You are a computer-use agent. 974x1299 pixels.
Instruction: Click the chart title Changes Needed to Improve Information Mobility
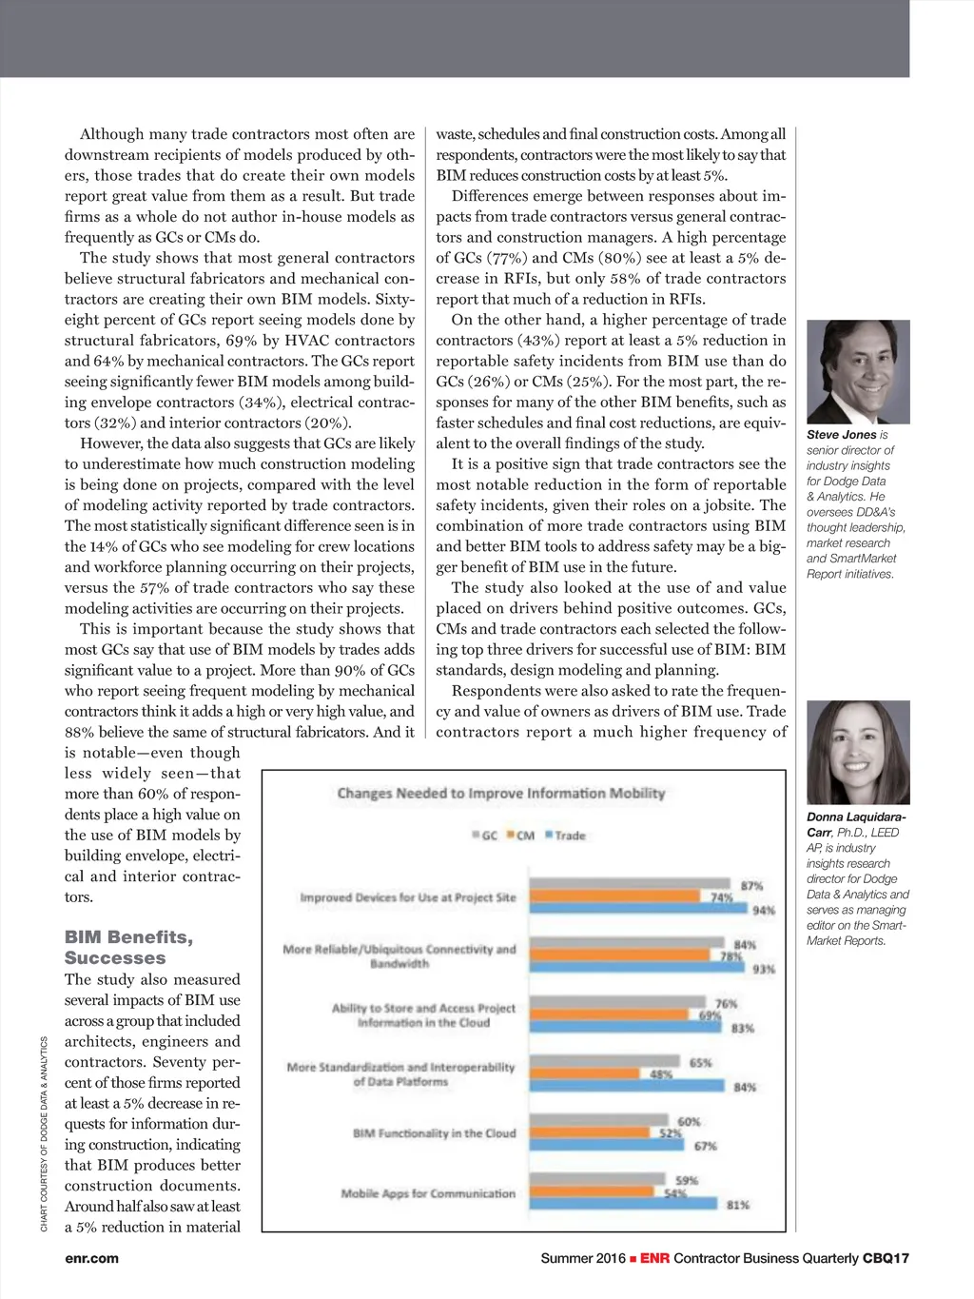[x=501, y=794]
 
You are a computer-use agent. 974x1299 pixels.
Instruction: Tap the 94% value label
[x=764, y=911]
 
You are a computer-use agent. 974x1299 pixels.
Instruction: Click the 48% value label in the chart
[x=661, y=1074]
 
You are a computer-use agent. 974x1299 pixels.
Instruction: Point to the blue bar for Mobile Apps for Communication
[x=623, y=1204]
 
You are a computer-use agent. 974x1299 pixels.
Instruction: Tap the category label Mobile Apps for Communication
[x=428, y=1193]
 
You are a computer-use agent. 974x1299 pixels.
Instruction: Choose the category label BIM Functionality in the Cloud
[x=434, y=1133]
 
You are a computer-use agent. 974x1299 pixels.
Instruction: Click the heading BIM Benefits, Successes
[x=128, y=948]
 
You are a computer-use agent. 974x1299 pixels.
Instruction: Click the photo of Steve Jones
[x=858, y=372]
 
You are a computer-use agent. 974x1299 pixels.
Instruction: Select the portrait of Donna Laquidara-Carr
[x=858, y=753]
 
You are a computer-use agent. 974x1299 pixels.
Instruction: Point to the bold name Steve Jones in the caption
[x=842, y=435]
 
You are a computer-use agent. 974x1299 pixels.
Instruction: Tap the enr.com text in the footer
[x=92, y=1258]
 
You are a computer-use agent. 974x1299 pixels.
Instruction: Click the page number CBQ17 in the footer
[x=886, y=1258]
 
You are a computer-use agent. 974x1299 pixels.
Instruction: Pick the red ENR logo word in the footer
[x=654, y=1258]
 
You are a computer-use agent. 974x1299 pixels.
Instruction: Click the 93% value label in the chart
[x=764, y=970]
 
